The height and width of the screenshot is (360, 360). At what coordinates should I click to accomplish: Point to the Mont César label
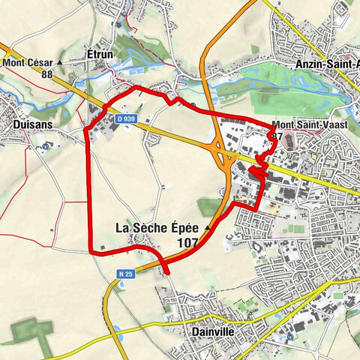click(26, 62)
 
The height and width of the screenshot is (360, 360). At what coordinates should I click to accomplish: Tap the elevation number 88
click(47, 73)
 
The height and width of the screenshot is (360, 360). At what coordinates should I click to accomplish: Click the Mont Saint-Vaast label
click(309, 124)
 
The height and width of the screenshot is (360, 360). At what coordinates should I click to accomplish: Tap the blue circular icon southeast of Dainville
click(289, 337)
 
